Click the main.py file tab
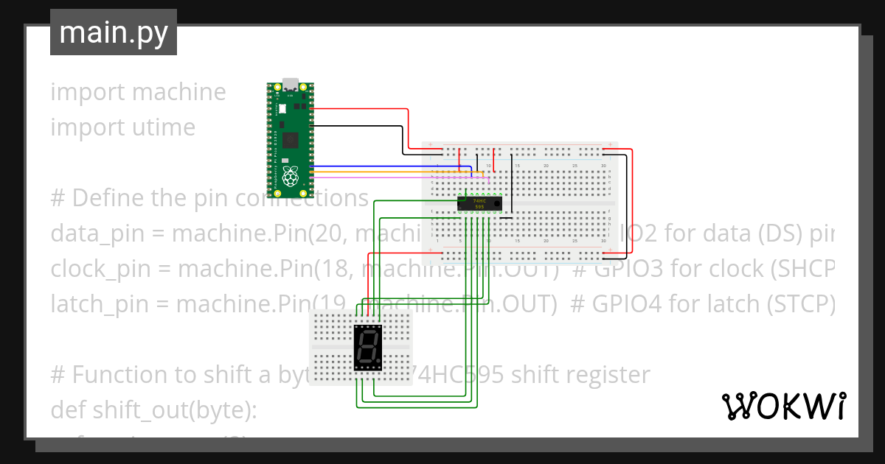[x=113, y=33]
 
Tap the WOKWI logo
[x=783, y=406]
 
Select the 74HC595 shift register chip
[x=480, y=203]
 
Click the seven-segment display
[x=369, y=347]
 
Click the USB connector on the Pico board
[x=291, y=85]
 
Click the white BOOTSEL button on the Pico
[x=282, y=108]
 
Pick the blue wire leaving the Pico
[x=369, y=166]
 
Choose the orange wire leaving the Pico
[x=369, y=172]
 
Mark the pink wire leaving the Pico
[x=369, y=177]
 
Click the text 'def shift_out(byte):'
[x=153, y=409]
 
